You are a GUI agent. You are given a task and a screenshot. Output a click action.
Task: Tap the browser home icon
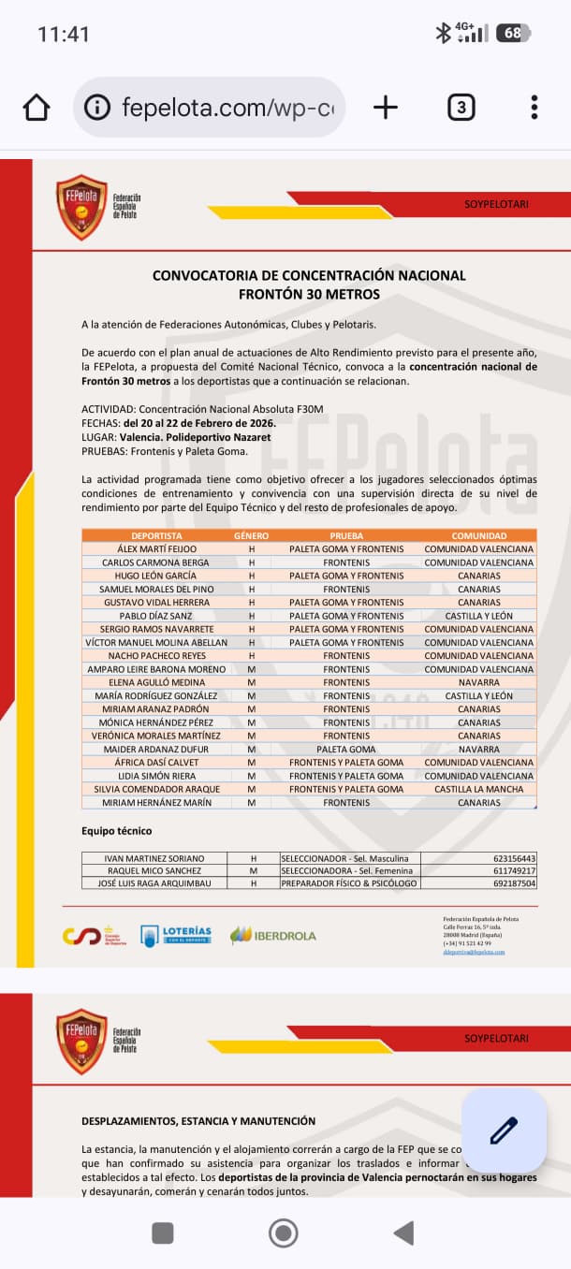click(x=37, y=108)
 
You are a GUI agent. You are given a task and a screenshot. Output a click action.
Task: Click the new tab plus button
click(x=385, y=108)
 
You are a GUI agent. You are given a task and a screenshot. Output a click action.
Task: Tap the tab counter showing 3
click(x=460, y=108)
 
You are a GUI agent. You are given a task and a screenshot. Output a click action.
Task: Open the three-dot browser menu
click(x=534, y=108)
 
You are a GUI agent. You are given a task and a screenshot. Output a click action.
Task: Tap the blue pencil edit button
click(x=504, y=1130)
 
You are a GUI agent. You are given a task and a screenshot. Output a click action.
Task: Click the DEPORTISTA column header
click(x=157, y=535)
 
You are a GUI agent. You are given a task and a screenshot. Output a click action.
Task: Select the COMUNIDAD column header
click(x=478, y=535)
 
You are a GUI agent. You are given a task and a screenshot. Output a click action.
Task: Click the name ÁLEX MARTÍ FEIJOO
click(x=157, y=548)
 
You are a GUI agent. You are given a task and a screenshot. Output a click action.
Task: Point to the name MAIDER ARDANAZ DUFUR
click(x=157, y=750)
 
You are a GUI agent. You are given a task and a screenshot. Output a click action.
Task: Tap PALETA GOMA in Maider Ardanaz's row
click(x=346, y=750)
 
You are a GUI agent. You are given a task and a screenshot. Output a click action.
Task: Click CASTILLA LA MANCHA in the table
click(x=478, y=789)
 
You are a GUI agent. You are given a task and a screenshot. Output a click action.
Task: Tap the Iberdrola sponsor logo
click(x=273, y=935)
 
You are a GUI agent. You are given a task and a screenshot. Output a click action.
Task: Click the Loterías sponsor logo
click(x=176, y=935)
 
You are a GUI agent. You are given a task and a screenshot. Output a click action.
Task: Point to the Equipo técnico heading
click(x=116, y=831)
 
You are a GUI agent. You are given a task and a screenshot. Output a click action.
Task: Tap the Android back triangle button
click(x=403, y=1233)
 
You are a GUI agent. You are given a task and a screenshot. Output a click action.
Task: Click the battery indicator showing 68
click(x=513, y=34)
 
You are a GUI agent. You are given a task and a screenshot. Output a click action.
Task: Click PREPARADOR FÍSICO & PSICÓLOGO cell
click(x=349, y=883)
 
